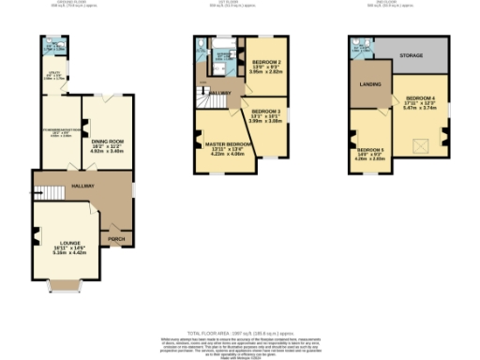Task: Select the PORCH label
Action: [x=117, y=238]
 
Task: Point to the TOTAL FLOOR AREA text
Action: [x=240, y=334]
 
